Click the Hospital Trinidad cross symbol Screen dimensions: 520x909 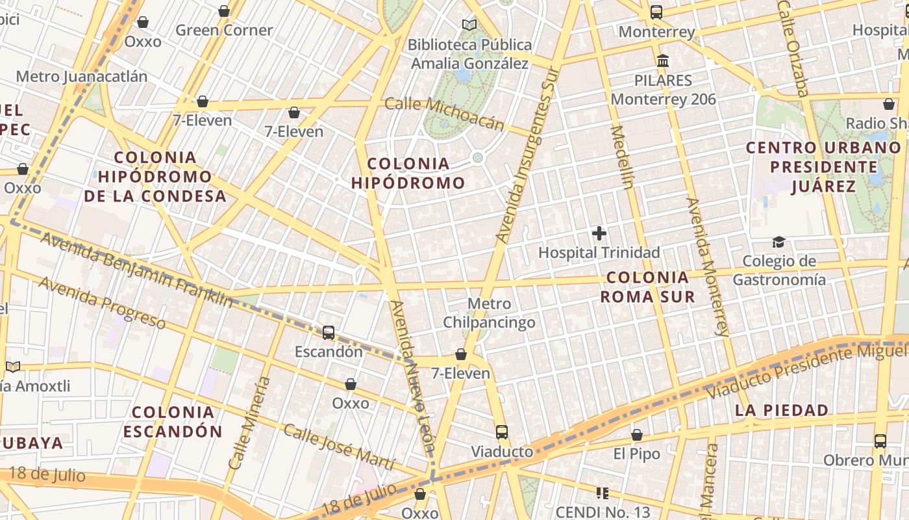click(x=599, y=233)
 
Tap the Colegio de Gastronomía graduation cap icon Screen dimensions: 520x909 click(x=778, y=242)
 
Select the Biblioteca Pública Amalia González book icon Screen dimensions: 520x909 click(x=469, y=25)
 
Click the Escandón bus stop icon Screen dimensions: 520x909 click(x=329, y=333)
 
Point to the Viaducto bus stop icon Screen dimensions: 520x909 click(x=501, y=432)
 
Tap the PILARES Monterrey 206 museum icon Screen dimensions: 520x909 click(x=663, y=61)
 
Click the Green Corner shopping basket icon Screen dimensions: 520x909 click(x=224, y=11)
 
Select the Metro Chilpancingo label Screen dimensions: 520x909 click(x=489, y=313)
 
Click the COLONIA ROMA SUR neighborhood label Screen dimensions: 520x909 click(x=647, y=287)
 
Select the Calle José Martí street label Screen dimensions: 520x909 click(x=338, y=447)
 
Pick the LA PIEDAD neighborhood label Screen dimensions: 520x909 click(x=782, y=410)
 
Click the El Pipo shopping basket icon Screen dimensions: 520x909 click(x=637, y=435)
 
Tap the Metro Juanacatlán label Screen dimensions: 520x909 click(x=82, y=76)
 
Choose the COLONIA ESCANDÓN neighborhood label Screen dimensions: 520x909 click(x=173, y=422)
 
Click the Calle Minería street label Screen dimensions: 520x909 click(x=249, y=423)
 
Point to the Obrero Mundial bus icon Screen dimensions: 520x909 click(x=880, y=441)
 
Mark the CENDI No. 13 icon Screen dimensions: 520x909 click(x=602, y=493)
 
